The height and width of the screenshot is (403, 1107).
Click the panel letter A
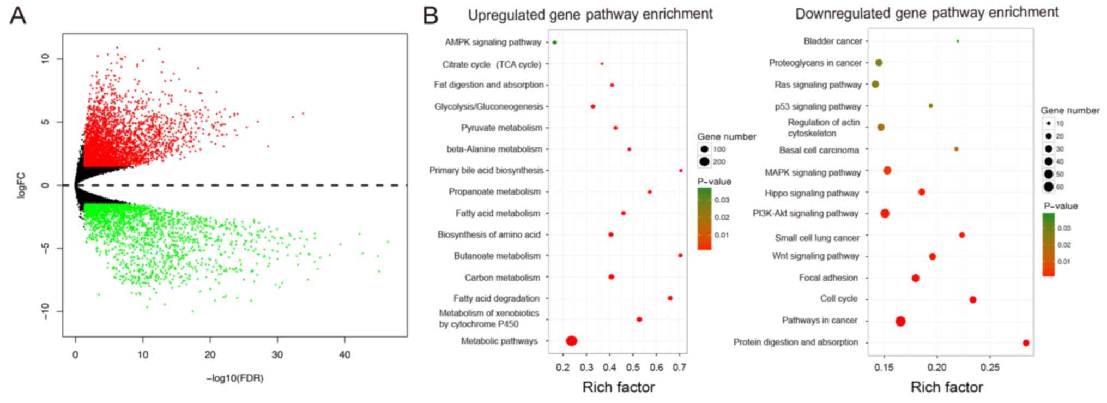(x=18, y=16)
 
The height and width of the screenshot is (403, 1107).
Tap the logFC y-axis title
(x=21, y=185)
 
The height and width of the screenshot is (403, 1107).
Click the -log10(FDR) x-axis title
(x=235, y=378)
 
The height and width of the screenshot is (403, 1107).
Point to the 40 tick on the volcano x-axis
(x=344, y=355)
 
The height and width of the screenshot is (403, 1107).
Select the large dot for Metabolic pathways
(x=571, y=341)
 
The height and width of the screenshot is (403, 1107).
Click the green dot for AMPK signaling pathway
(x=554, y=42)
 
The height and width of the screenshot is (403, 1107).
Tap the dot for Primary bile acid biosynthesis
(x=681, y=171)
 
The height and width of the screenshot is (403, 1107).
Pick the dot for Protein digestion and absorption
(x=1026, y=343)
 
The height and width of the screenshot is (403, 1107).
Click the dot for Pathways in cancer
(x=900, y=321)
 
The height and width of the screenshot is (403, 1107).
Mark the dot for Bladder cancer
(x=958, y=41)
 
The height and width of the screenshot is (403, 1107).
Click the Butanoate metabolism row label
(x=497, y=256)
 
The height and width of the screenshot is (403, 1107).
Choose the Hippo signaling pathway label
(x=812, y=193)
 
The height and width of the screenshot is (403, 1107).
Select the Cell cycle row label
(x=839, y=299)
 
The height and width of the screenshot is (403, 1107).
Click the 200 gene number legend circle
(x=705, y=161)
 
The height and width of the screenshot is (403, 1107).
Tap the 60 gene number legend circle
(x=1048, y=187)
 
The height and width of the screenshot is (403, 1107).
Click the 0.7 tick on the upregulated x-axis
(x=679, y=368)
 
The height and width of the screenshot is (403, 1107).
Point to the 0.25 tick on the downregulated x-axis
(x=990, y=368)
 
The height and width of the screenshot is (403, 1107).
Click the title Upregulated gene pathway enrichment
(x=590, y=14)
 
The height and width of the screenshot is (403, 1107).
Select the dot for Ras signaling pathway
(x=875, y=85)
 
